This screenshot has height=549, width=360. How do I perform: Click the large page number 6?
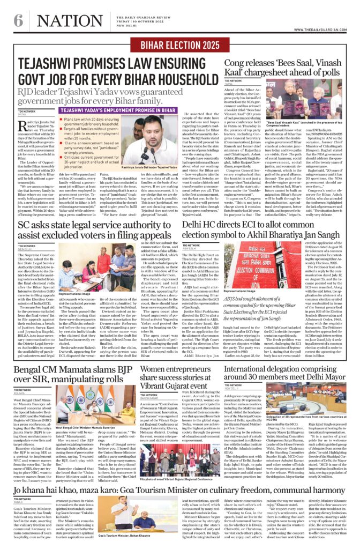coord(18,21)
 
